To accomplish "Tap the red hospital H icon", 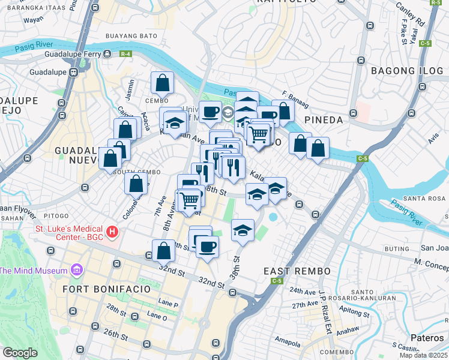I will (111, 231).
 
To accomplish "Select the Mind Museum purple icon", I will (76, 271).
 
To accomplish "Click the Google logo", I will (20, 352).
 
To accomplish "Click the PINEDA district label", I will (324, 120).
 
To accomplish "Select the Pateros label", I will (427, 338).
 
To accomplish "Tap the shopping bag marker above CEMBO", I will (162, 82).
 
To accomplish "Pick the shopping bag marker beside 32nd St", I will (163, 251).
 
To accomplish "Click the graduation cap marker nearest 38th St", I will (243, 231).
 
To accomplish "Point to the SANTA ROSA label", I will (424, 199).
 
